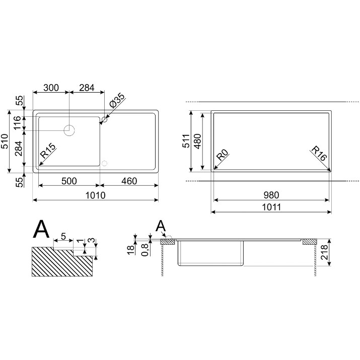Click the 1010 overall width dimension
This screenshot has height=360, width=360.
96,196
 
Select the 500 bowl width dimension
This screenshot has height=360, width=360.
69,181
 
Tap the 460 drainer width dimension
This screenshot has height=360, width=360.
129,181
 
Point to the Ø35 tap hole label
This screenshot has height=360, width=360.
117,101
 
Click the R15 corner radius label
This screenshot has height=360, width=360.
48,151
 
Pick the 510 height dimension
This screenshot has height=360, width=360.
5,141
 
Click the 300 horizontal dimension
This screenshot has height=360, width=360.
51,88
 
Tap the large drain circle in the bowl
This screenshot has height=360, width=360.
69,130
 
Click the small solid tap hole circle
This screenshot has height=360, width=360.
104,119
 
